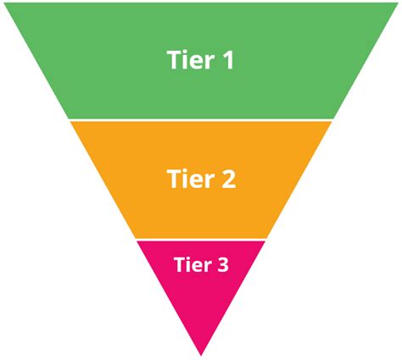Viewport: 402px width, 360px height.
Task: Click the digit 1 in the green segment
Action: [226, 60]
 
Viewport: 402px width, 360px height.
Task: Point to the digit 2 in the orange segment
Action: [226, 180]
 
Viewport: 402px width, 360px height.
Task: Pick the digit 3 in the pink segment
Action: [222, 264]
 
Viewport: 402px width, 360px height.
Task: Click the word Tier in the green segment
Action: [188, 60]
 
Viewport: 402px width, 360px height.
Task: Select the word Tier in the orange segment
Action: [188, 180]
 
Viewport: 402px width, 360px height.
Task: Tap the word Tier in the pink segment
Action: [193, 264]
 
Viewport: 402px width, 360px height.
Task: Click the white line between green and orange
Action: [201, 119]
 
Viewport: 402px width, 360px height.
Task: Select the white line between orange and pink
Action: [201, 239]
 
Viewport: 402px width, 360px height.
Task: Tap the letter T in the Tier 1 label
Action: [172, 60]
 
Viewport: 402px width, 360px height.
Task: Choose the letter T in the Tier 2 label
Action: [172, 180]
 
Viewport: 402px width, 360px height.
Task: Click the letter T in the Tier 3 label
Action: [179, 264]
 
